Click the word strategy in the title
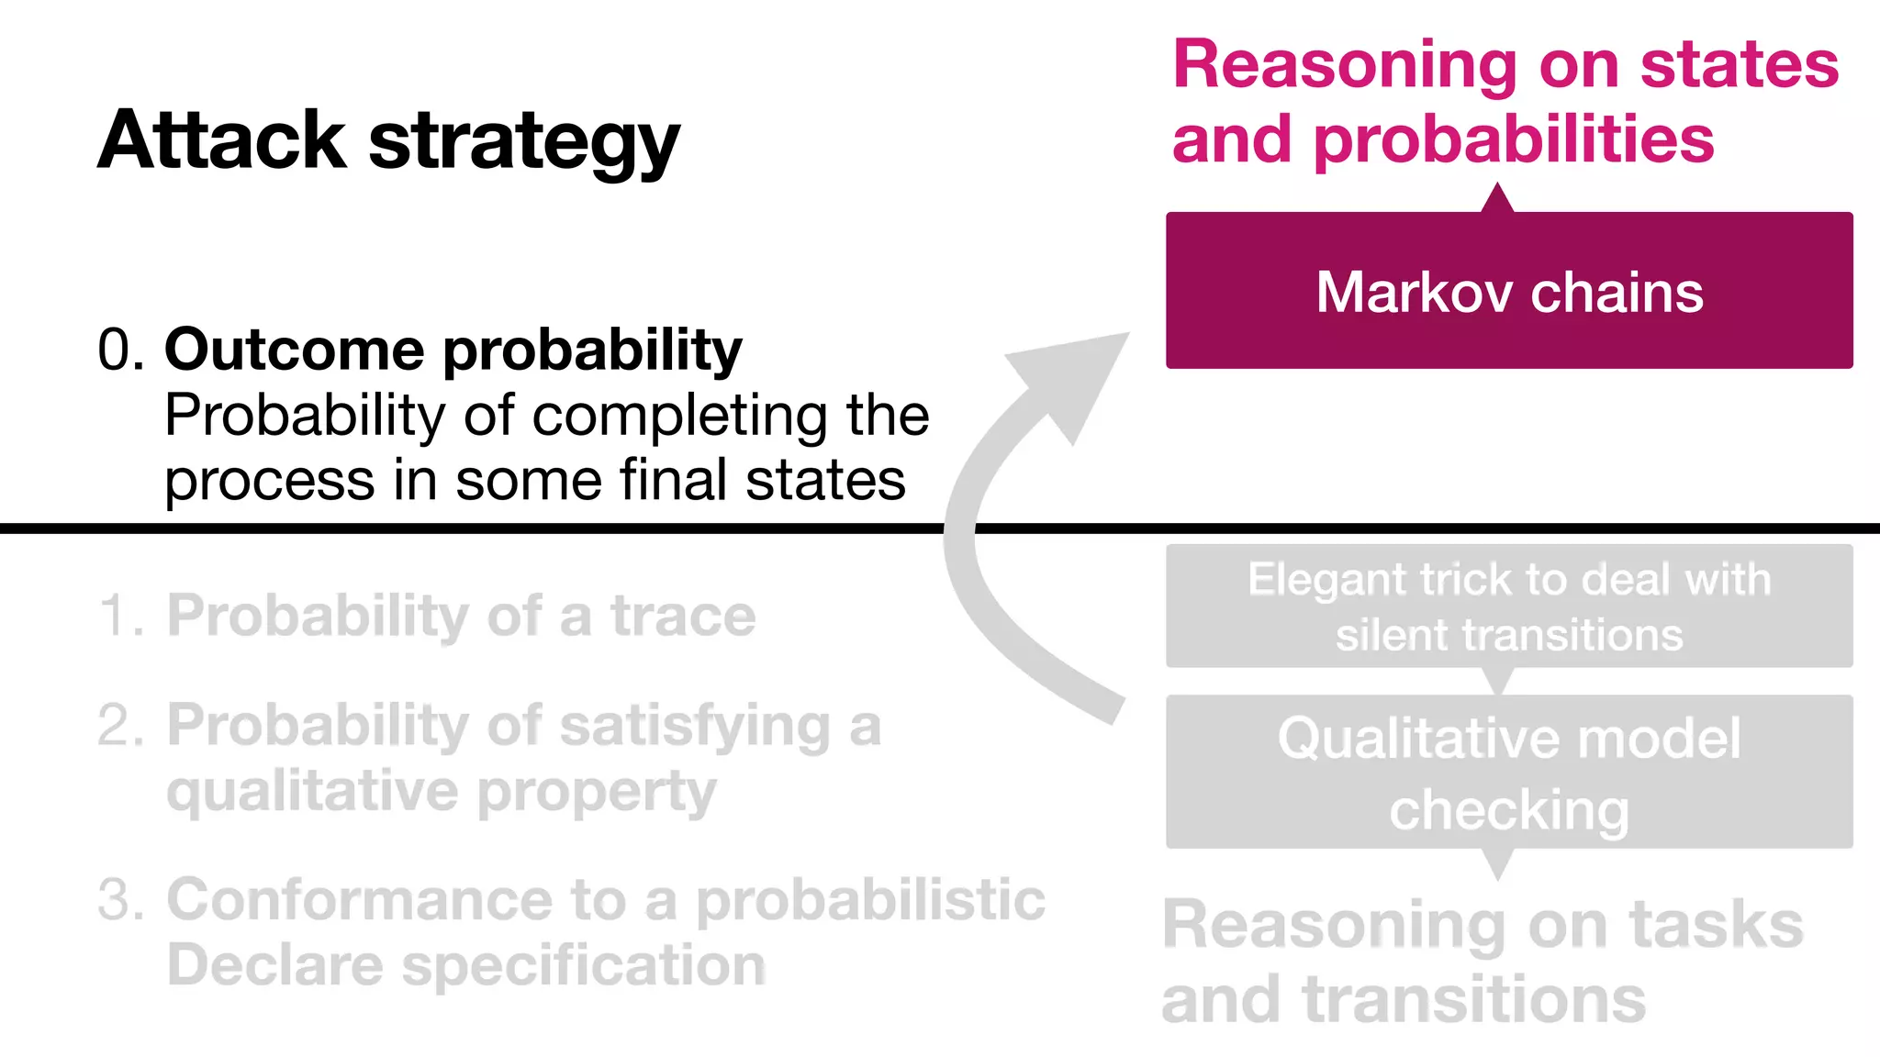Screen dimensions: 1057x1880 point(524,144)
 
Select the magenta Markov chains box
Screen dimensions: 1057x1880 point(1509,291)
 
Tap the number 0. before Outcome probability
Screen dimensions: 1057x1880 point(120,350)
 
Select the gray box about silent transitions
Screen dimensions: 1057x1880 point(1509,606)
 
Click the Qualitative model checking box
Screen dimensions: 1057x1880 point(1509,773)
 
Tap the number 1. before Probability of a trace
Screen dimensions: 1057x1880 point(121,616)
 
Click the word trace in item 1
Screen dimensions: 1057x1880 point(683,616)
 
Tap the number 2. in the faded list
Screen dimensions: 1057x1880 point(121,726)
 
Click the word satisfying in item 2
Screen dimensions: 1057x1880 point(695,728)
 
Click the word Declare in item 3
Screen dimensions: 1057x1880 point(274,966)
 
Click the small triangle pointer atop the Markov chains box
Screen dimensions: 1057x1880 point(1497,199)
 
